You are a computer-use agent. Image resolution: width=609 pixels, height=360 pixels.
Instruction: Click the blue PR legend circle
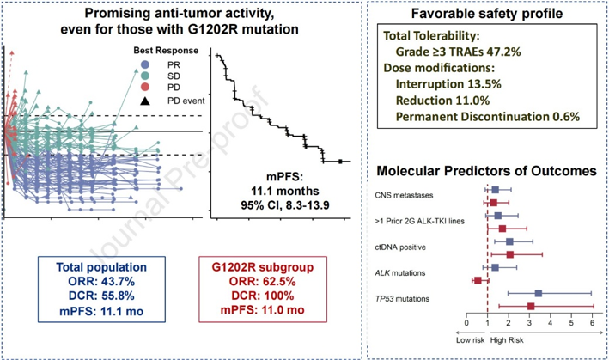tap(145, 64)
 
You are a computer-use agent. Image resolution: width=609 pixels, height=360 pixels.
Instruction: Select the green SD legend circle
tap(145, 76)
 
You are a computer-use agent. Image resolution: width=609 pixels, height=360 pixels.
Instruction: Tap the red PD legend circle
tap(145, 88)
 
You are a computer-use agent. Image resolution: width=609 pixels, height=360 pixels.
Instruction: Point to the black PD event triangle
tap(145, 101)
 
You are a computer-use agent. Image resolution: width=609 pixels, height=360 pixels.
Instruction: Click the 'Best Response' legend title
tap(166, 51)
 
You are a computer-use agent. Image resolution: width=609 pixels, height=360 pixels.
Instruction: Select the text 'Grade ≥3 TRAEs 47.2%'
tap(458, 52)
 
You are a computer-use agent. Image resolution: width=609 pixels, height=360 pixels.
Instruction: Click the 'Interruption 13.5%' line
tap(448, 84)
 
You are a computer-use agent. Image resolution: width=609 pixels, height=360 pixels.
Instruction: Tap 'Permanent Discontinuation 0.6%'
tap(487, 117)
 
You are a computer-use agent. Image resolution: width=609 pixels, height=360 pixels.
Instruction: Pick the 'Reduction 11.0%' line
tap(442, 101)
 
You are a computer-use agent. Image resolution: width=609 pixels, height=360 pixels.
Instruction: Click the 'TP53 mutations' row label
tap(402, 299)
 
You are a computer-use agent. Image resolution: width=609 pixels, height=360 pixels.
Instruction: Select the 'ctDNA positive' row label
tap(400, 247)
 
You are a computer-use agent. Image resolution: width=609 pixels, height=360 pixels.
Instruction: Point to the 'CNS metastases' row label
tap(404, 195)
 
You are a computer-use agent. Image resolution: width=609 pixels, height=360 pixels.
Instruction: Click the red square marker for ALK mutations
tap(478, 280)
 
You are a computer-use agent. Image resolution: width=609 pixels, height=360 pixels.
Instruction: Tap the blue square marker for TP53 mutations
tap(539, 293)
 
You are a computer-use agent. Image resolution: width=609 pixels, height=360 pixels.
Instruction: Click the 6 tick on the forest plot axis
tap(593, 323)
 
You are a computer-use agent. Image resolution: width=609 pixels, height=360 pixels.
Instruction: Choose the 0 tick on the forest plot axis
tap(466, 323)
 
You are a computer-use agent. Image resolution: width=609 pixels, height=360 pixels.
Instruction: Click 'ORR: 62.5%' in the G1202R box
tap(263, 281)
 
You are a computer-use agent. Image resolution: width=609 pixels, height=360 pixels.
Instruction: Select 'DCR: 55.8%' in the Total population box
tap(101, 296)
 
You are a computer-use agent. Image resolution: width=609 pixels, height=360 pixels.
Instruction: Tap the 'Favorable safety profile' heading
tap(487, 14)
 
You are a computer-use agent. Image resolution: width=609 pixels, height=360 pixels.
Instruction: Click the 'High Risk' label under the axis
tap(507, 340)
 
